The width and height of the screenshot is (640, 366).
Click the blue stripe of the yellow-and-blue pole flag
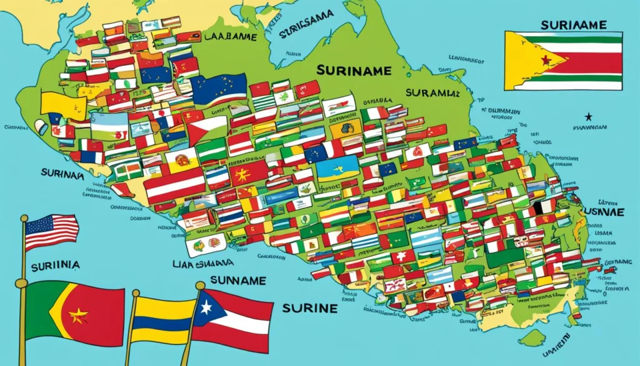[x=162, y=324]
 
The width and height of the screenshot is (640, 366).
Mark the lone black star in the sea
[x=587, y=117]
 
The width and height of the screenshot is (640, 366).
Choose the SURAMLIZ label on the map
[x=431, y=93]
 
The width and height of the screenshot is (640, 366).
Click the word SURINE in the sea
[x=310, y=308]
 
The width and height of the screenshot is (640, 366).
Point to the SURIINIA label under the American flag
[x=57, y=265]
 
